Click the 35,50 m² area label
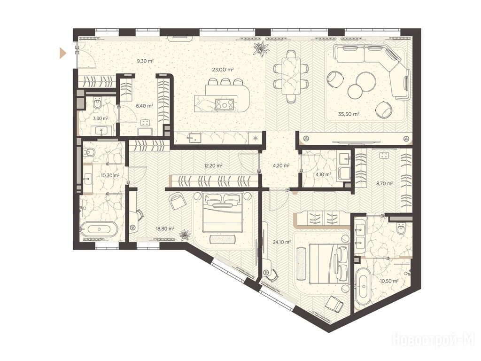(349, 114)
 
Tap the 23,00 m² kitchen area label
(223, 70)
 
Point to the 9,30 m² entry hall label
(145, 61)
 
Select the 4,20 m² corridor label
(281, 165)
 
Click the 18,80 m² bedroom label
(165, 228)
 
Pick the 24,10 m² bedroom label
(282, 242)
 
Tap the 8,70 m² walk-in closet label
(384, 184)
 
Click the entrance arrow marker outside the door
(63, 53)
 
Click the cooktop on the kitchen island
(226, 105)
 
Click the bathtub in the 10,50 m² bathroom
(363, 287)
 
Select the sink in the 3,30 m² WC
(101, 131)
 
